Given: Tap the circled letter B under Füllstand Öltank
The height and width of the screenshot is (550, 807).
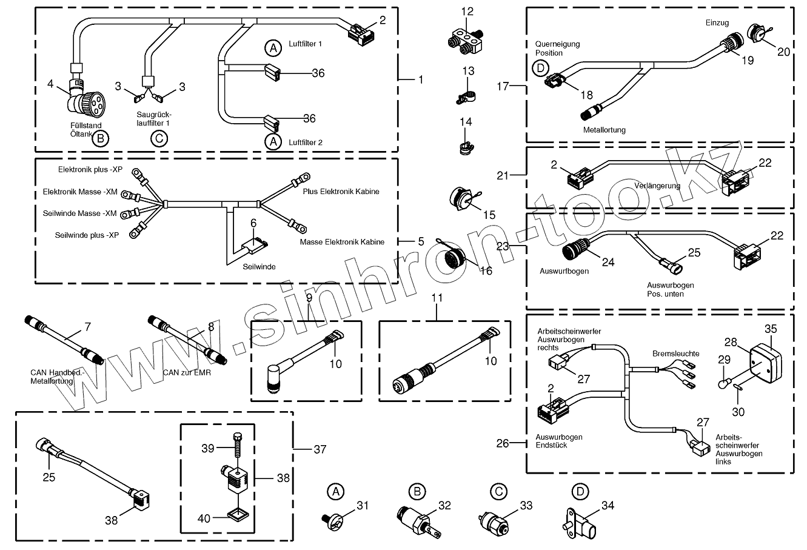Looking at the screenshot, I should (101, 139).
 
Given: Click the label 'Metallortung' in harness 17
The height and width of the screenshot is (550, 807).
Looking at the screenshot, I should (604, 130).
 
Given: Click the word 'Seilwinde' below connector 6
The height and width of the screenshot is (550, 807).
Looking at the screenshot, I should (259, 267).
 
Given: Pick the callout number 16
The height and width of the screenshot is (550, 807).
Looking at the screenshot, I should (486, 271).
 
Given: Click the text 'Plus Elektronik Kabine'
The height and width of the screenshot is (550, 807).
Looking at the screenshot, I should (341, 192).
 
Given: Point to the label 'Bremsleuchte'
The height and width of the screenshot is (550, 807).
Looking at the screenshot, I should (675, 353).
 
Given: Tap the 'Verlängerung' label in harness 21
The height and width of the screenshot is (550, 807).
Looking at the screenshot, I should (657, 186).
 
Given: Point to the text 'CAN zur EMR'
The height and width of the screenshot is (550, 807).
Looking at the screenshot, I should (187, 372).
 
